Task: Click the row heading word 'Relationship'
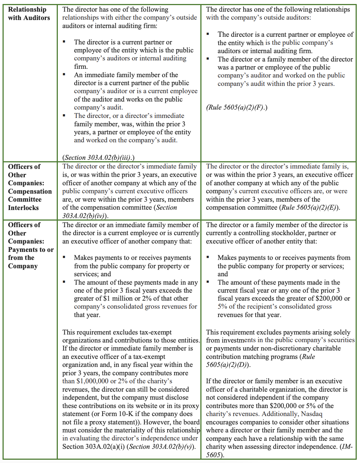click(x=27, y=9)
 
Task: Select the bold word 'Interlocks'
click(x=23, y=208)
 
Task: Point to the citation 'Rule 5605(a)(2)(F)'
click(x=236, y=107)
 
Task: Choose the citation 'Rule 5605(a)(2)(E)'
click(x=309, y=207)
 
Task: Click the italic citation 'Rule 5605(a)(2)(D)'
click(x=260, y=361)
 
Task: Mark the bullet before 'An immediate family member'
click(x=64, y=75)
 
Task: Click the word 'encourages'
click(x=223, y=422)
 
